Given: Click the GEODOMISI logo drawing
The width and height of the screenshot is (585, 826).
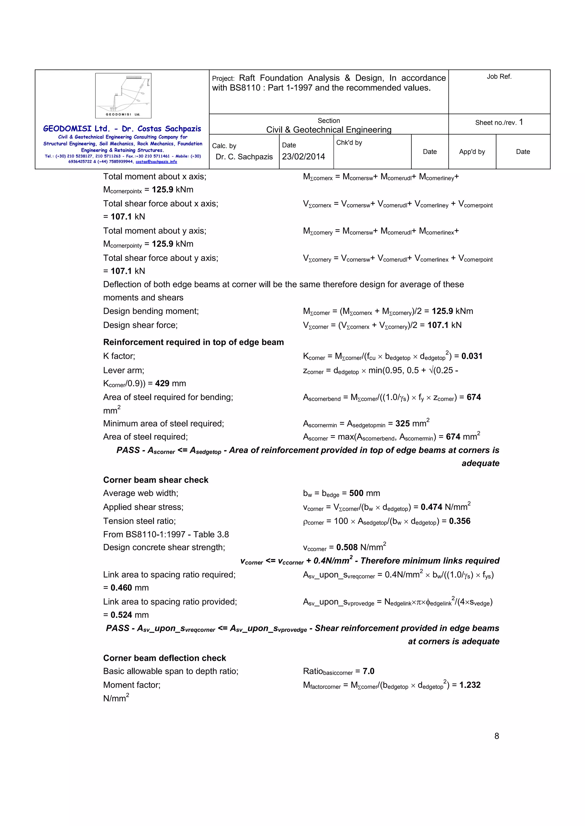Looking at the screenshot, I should [x=123, y=95].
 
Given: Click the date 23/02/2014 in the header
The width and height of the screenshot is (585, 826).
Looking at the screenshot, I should [x=303, y=157].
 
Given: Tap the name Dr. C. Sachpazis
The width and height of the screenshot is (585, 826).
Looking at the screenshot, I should [x=244, y=157].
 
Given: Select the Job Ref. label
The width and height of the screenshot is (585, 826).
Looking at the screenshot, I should [x=499, y=77].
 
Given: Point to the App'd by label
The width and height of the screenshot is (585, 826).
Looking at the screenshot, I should [x=472, y=152].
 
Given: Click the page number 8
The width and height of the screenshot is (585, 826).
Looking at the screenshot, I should [x=496, y=736].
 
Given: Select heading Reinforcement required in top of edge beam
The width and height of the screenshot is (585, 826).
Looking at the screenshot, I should [x=193, y=342].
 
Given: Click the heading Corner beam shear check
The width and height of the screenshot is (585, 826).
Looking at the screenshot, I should [x=156, y=480].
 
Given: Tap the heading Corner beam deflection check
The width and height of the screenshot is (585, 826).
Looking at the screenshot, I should [x=164, y=658].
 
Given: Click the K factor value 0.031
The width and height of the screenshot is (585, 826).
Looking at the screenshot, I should [x=472, y=356].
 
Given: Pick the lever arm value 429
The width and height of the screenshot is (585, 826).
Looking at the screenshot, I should [x=162, y=384].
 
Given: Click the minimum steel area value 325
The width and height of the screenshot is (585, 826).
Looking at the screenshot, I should [x=402, y=424].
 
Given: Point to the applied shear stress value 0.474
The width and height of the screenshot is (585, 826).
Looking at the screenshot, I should [x=431, y=507].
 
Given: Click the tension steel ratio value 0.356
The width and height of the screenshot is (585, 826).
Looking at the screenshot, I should [x=459, y=521].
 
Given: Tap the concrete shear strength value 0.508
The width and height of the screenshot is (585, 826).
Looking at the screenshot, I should [x=347, y=548].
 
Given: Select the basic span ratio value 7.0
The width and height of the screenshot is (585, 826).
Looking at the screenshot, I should [x=368, y=671].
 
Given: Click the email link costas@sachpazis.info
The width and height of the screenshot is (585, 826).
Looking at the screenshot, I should [x=156, y=162].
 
